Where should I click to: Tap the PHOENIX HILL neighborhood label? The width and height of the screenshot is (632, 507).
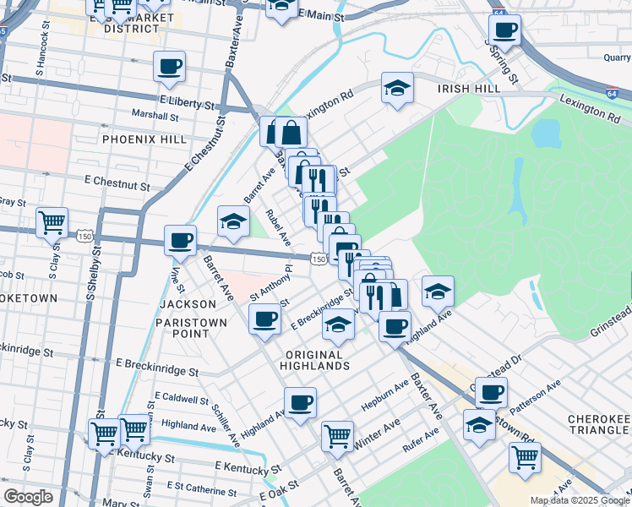pos(137,138)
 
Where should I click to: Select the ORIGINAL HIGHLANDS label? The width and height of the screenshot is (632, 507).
pos(318,360)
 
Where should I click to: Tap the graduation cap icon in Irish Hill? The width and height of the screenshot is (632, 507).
pos(395,88)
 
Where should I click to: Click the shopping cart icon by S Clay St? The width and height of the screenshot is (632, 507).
pos(52,222)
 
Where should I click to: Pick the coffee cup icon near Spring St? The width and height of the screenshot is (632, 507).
pos(505,30)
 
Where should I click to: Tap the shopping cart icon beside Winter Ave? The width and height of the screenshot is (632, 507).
pos(337,436)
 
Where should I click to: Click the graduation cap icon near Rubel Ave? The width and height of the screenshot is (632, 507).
pos(233,221)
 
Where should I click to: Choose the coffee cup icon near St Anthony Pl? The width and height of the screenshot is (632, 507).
pos(264,319)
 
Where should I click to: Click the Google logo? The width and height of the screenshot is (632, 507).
pos(29,497)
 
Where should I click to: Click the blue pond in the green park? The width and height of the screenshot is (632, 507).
pos(548,133)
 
